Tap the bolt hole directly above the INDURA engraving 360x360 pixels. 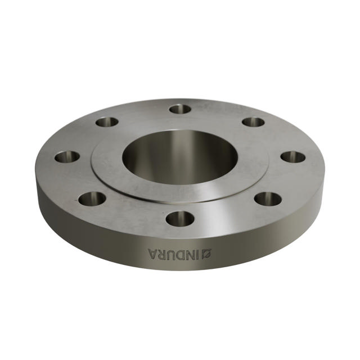click(x=180, y=218)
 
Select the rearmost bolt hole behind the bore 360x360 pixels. click(x=180, y=109)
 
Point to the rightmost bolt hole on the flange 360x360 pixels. click(x=292, y=157)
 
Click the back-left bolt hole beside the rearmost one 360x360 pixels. click(x=107, y=121)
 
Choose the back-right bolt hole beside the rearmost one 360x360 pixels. click(x=253, y=121)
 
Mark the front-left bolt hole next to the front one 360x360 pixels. click(x=92, y=198)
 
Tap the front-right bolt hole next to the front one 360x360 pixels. click(x=268, y=198)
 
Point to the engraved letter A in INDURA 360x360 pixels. click(x=152, y=253)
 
